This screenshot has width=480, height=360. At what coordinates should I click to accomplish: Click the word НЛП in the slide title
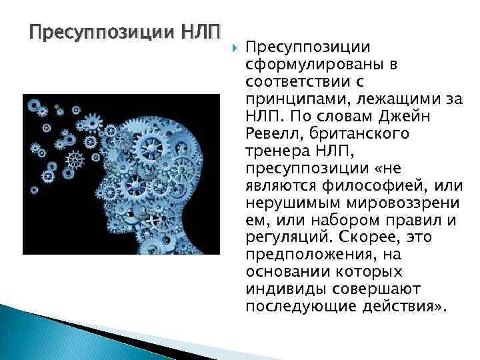[203, 31]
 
